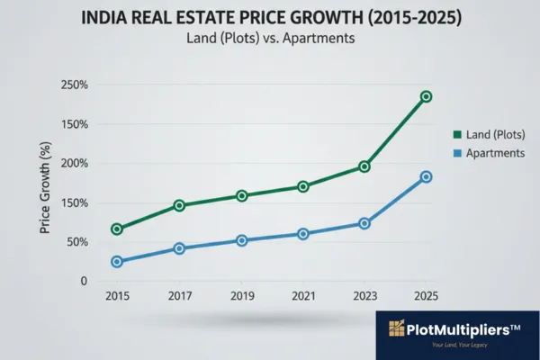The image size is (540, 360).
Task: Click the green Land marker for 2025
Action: (427, 96)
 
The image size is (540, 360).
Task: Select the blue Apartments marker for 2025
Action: (427, 177)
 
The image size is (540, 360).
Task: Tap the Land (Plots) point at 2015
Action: (117, 229)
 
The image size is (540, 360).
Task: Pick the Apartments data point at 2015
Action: (117, 262)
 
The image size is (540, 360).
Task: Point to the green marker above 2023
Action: (364, 166)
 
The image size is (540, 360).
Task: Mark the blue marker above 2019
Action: (242, 240)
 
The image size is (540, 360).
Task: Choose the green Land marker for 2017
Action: (179, 205)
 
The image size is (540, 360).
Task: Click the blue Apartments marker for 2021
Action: (303, 234)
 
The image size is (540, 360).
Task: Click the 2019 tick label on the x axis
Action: (241, 296)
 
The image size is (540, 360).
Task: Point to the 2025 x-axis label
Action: (427, 296)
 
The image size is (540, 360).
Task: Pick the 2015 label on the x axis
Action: (117, 296)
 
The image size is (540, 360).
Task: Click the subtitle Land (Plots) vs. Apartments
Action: (269, 40)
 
